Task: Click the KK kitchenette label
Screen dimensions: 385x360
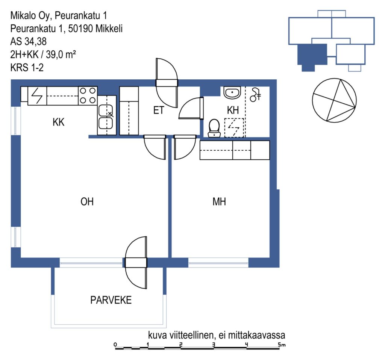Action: (x=58, y=122)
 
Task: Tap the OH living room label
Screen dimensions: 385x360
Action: (x=87, y=201)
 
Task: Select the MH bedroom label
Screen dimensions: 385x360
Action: (x=219, y=201)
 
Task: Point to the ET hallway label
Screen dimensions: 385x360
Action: (x=159, y=110)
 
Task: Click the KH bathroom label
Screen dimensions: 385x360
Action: (x=233, y=110)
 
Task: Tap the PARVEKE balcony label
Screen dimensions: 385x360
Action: (x=111, y=300)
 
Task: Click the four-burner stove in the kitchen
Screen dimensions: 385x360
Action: (x=88, y=95)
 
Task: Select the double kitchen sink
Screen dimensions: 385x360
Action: (x=106, y=116)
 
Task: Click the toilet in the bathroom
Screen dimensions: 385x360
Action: (x=214, y=128)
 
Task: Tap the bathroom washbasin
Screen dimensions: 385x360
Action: (x=232, y=92)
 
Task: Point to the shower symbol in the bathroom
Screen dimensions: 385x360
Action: (x=255, y=94)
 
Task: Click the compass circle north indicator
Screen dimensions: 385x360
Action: (x=334, y=100)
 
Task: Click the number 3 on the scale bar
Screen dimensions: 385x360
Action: (x=214, y=344)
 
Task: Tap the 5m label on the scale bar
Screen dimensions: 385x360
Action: (x=282, y=345)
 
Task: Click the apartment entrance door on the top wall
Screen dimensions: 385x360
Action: (x=167, y=83)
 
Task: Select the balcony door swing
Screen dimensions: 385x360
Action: (x=136, y=263)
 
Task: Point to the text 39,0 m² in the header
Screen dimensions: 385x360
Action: (x=61, y=54)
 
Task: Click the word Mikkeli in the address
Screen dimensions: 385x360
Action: (x=109, y=29)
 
